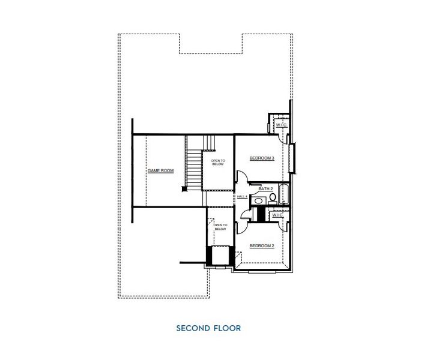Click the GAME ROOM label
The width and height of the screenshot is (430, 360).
coord(160,171)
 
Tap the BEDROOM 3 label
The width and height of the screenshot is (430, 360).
coord(262,158)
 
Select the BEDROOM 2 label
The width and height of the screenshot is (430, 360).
coord(262,245)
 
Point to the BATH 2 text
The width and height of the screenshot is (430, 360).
coord(265,189)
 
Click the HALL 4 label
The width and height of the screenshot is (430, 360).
coord(243,197)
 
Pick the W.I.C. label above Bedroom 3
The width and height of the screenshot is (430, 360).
coord(282,125)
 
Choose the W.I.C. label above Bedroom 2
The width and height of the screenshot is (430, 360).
coord(277,215)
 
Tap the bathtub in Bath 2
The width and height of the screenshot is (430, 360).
coord(284,195)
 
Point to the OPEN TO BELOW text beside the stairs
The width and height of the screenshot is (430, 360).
coord(217,163)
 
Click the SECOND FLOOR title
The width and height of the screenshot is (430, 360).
coord(208,328)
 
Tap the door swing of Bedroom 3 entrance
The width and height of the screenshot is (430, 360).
coord(240,178)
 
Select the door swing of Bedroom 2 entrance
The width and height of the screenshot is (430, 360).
coord(241,217)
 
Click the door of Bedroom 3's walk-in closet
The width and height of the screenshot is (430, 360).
coord(270,126)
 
